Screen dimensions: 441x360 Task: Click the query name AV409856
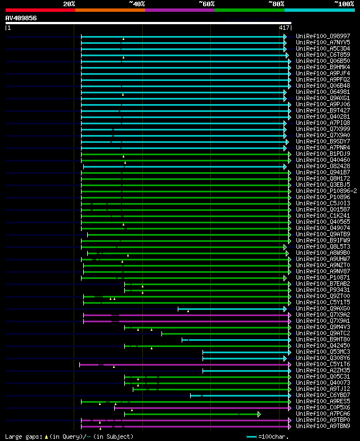21,18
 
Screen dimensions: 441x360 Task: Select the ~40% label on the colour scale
137,3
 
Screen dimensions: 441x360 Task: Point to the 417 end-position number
284,28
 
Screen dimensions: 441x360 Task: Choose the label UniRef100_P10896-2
326,191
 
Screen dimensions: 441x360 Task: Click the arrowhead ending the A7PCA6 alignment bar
259,414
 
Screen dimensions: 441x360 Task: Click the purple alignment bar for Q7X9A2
186,314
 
